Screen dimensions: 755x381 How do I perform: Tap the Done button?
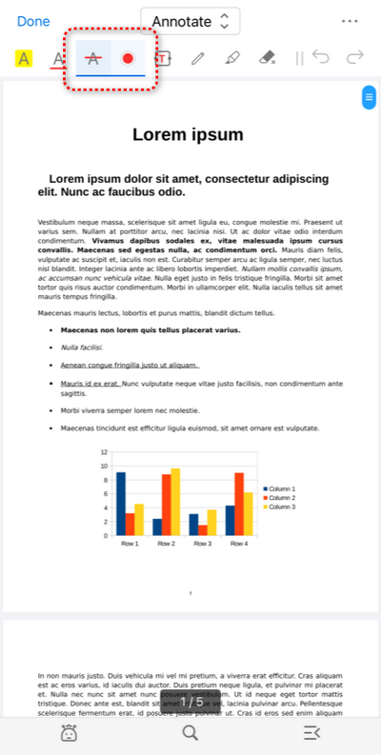(x=33, y=21)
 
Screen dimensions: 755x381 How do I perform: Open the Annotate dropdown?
(x=190, y=21)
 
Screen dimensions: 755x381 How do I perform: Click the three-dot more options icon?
(x=349, y=21)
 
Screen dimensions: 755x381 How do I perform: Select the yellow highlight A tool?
(x=24, y=59)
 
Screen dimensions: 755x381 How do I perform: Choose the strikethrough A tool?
(x=92, y=58)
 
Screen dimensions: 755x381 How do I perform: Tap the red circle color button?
(x=128, y=58)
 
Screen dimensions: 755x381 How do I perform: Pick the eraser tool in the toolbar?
(x=268, y=58)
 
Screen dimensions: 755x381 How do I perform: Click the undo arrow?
(x=320, y=58)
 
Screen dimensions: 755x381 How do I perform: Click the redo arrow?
(x=354, y=58)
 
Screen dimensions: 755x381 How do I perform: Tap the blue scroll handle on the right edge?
(x=368, y=97)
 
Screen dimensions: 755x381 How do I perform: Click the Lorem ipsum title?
(x=188, y=134)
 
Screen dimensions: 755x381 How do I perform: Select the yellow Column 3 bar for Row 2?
(x=175, y=501)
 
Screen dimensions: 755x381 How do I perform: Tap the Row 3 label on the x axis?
(x=203, y=544)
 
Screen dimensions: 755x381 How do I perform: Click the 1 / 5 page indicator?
(x=191, y=702)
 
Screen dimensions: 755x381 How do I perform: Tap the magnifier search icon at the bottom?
(x=190, y=732)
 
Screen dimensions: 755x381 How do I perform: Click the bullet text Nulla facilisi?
(x=82, y=348)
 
